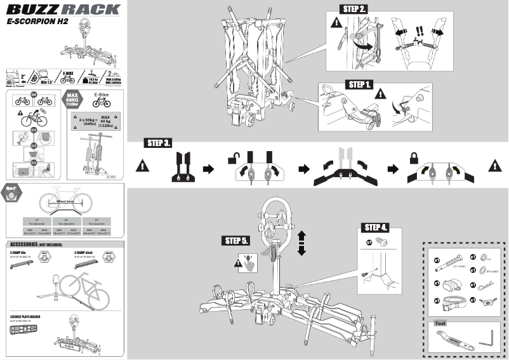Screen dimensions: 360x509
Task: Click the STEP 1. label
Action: [360, 84]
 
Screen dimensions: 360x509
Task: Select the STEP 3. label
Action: [157, 143]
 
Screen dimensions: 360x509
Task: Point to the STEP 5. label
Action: [237, 241]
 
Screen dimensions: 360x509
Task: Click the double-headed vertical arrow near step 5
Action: [302, 243]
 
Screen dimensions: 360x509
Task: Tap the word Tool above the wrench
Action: [440, 323]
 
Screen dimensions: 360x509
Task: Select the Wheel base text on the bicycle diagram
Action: [66, 200]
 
